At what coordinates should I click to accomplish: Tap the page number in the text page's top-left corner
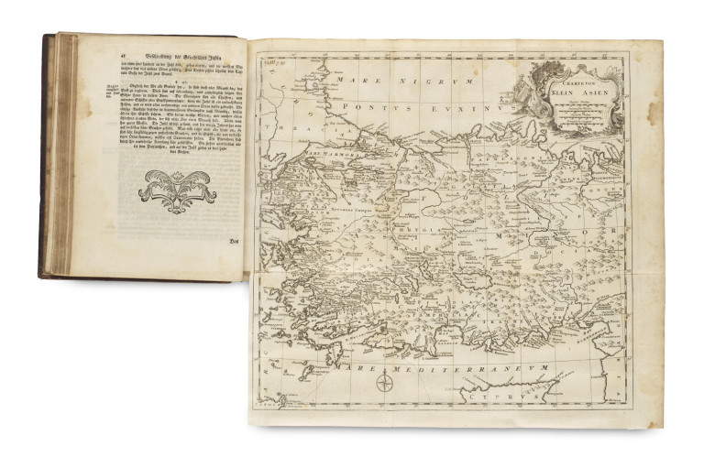pyautogui.click(x=68, y=40)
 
